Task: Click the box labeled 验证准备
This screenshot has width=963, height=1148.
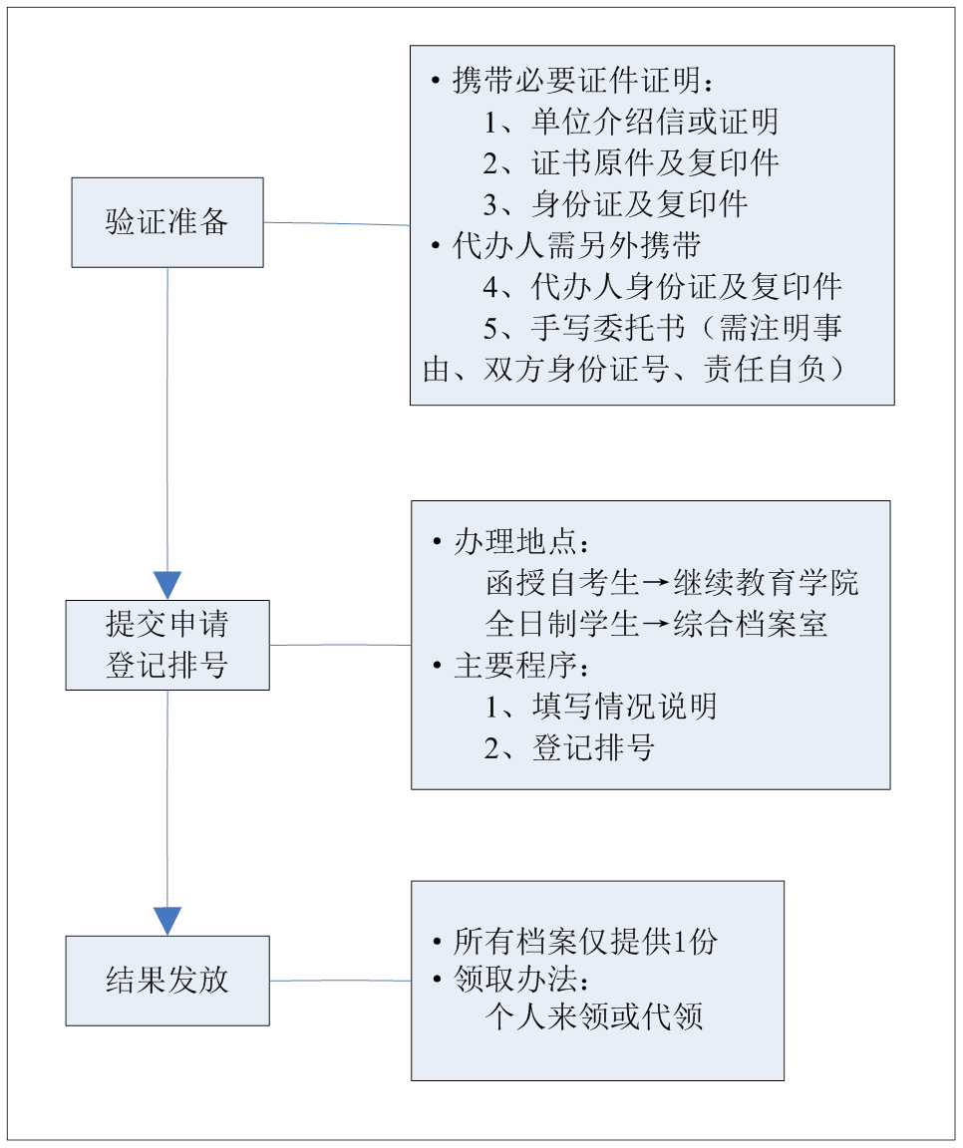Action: [x=167, y=222]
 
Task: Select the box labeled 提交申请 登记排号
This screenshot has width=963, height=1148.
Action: [x=167, y=645]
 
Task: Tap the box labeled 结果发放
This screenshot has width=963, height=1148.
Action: [x=167, y=981]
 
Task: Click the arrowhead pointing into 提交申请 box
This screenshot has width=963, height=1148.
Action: [x=167, y=585]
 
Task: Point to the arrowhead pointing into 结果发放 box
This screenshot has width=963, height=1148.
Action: [x=167, y=921]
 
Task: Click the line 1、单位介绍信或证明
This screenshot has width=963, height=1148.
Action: [x=630, y=122]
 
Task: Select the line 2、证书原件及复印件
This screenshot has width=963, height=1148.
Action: [x=630, y=162]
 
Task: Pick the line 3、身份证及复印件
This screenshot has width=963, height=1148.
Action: [x=615, y=204]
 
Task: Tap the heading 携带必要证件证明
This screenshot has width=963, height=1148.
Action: [x=583, y=80]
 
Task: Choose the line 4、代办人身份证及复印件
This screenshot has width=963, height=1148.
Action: [x=663, y=287]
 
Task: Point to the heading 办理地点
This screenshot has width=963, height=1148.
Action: [x=521, y=542]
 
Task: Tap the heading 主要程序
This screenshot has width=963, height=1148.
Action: [x=521, y=666]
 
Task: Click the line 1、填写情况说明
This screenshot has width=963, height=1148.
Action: [x=600, y=707]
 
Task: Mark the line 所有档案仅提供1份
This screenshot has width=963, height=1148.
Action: [x=585, y=942]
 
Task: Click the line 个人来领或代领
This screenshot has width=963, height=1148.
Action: [x=595, y=1017]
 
